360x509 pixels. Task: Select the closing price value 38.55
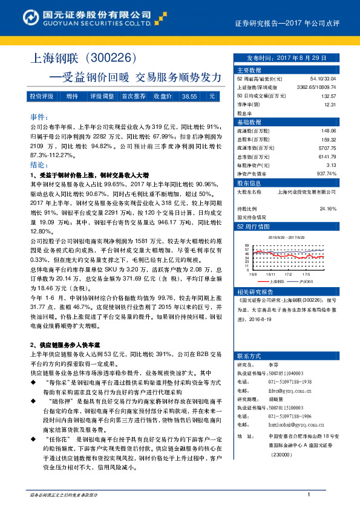189,96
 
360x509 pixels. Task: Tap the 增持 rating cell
71,96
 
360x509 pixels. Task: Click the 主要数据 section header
248,70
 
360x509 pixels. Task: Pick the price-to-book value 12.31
330,104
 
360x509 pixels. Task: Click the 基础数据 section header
248,122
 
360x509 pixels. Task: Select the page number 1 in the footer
309,495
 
